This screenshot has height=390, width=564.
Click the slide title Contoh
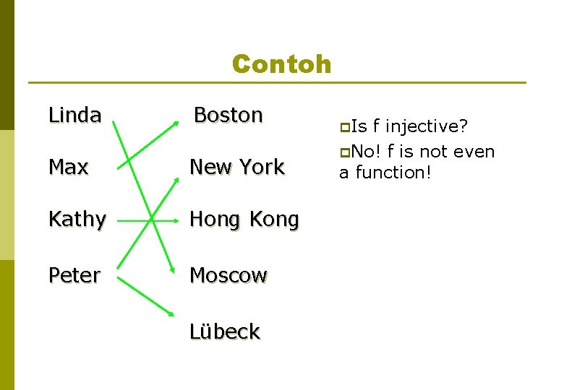coord(281,64)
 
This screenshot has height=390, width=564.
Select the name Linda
coord(74,115)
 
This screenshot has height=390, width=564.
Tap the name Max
coord(68,167)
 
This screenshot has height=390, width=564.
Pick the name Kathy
coord(77,219)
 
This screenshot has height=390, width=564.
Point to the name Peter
coord(74,275)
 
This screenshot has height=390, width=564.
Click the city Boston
coord(228,115)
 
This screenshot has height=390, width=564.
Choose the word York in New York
coord(262,167)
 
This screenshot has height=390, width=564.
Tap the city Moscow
coord(228,275)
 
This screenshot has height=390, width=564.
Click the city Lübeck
coord(224,331)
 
